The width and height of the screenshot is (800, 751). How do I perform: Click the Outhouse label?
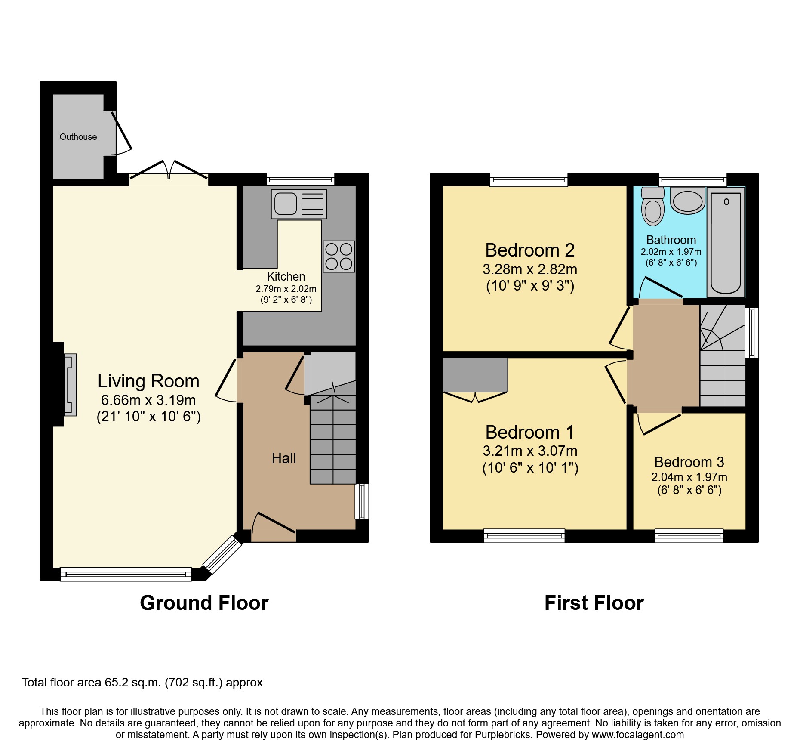tap(78, 137)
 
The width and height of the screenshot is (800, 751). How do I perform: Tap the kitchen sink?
tap(298, 204)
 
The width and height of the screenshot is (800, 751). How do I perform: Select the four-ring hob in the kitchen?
tap(338, 257)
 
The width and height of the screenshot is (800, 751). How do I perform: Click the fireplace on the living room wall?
tap(70, 385)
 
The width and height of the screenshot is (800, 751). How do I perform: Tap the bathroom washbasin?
tap(687, 202)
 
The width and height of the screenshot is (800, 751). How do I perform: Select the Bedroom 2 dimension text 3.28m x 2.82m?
tap(529, 269)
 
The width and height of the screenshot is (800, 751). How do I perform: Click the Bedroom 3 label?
tap(689, 462)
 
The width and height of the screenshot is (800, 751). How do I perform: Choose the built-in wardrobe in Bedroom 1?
tap(475, 375)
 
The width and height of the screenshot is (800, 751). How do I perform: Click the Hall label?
tap(283, 458)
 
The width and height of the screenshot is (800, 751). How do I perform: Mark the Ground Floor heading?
tap(204, 603)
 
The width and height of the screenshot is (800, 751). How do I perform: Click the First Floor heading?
tap(594, 603)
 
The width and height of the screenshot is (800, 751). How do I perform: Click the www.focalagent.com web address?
tap(637, 735)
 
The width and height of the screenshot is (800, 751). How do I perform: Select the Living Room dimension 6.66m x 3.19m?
tap(148, 400)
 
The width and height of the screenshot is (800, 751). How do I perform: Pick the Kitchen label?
tap(286, 277)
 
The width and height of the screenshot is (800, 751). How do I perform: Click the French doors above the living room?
tap(169, 171)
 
